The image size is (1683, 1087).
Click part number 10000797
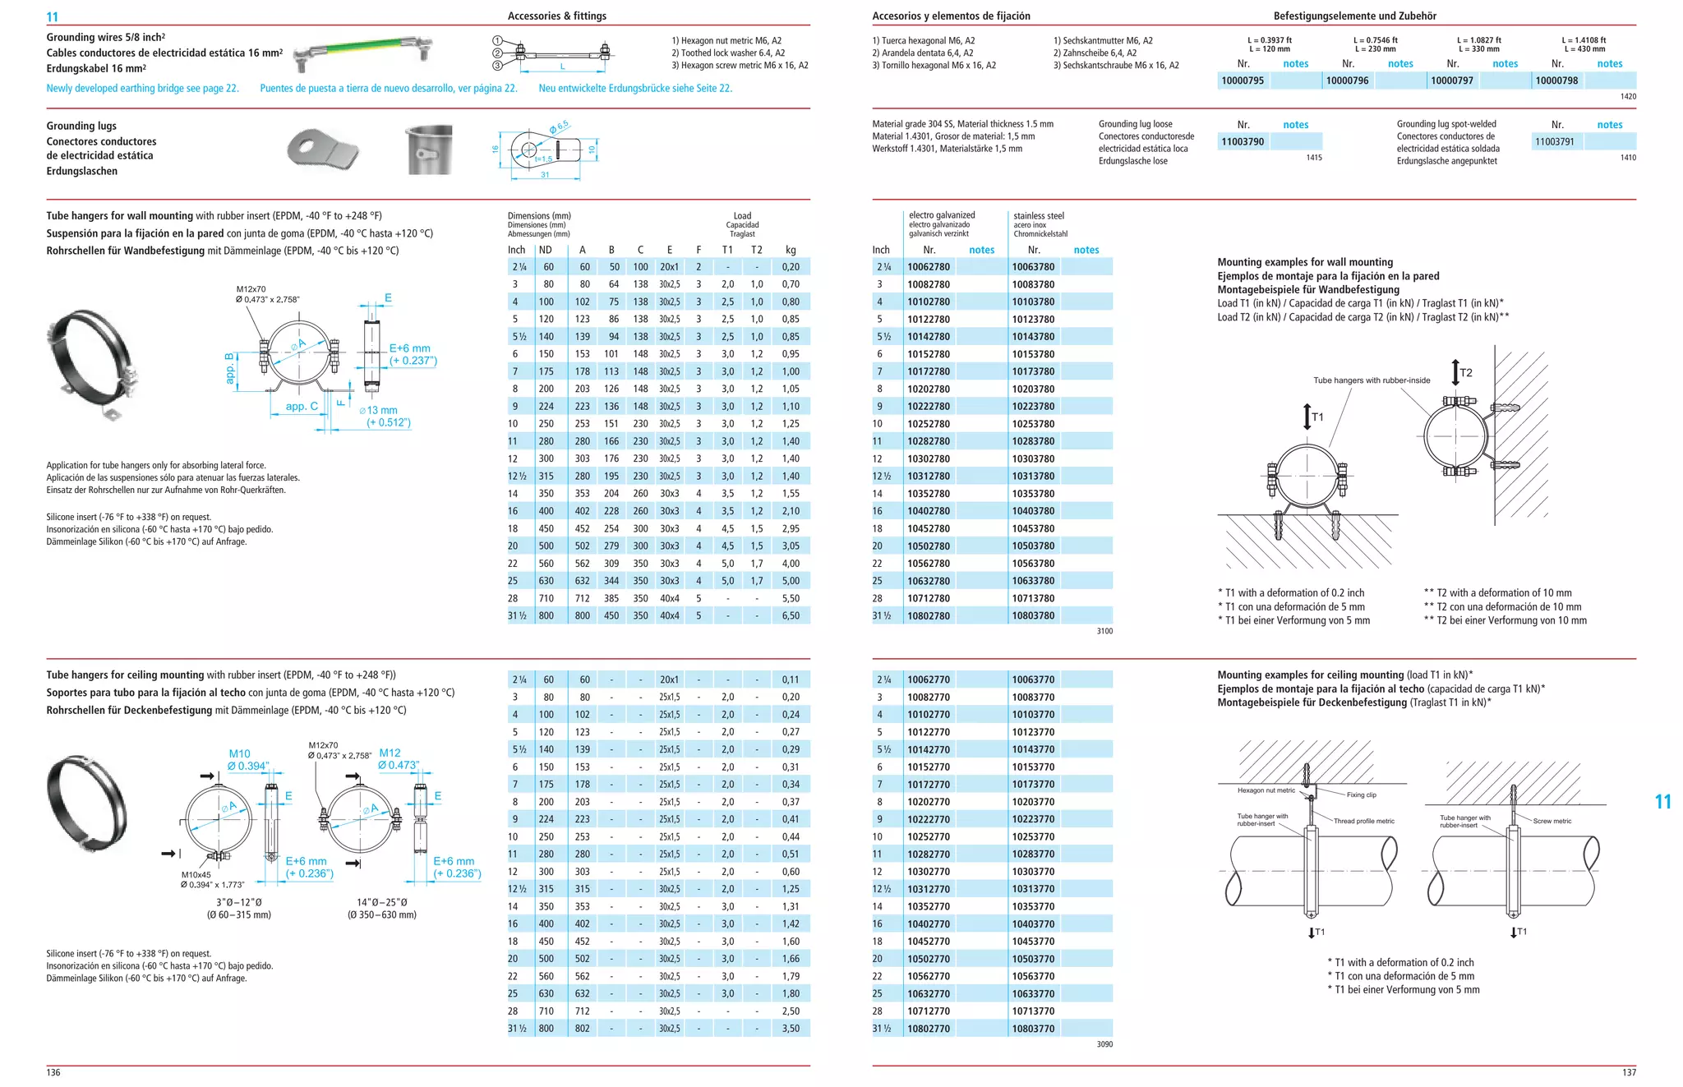click(1452, 81)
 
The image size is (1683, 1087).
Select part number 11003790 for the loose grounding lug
click(1243, 141)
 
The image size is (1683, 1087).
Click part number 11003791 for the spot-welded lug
click(1555, 141)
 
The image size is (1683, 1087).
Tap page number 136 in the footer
click(53, 1072)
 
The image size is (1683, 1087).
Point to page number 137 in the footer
click(1629, 1072)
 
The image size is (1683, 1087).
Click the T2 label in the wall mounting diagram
click(1466, 373)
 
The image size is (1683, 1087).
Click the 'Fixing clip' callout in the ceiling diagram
click(1361, 795)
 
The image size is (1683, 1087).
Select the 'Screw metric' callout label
click(1552, 821)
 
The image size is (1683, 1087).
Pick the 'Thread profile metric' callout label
click(1364, 821)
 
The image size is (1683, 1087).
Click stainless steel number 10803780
click(1033, 615)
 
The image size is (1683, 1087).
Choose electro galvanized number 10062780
click(929, 267)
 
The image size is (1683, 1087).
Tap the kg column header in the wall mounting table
click(791, 250)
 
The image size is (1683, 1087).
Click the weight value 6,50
click(791, 615)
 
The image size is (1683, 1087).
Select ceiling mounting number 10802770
click(929, 1029)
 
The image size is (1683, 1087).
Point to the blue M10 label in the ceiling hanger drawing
click(239, 753)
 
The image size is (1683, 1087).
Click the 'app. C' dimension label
click(302, 406)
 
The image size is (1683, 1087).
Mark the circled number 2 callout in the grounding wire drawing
click(497, 53)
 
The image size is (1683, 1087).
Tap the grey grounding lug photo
click(323, 149)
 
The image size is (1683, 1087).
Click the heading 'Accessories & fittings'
click(556, 16)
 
